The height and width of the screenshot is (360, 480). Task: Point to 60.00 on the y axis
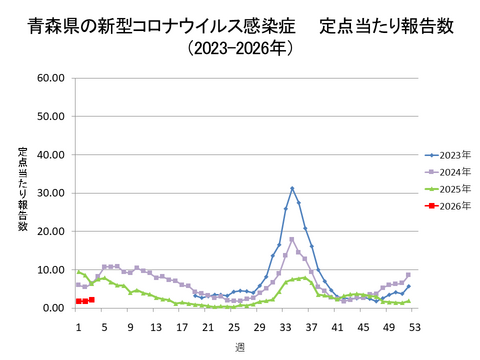click(x=50, y=77)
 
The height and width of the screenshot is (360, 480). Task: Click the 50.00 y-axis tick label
click(x=50, y=116)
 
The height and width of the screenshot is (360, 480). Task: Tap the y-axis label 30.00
click(x=50, y=193)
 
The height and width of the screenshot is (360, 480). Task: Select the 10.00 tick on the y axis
click(x=50, y=270)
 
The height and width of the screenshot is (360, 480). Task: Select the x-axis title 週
click(x=239, y=346)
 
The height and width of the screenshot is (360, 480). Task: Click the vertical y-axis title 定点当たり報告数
click(x=22, y=189)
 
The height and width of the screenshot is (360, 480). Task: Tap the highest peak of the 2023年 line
click(x=292, y=188)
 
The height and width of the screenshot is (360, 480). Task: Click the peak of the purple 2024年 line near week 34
click(x=292, y=239)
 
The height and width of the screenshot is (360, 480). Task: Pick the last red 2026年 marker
click(x=92, y=299)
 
